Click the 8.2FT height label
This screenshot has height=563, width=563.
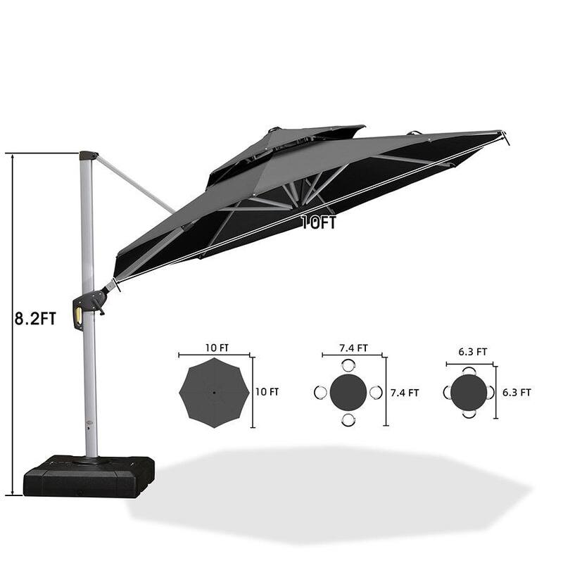[34, 319]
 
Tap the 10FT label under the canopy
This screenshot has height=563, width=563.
[319, 223]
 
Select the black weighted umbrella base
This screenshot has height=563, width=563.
[89, 476]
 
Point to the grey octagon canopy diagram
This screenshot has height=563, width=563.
[214, 392]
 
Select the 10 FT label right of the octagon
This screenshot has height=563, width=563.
[267, 392]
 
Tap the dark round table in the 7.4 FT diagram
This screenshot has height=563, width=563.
[348, 392]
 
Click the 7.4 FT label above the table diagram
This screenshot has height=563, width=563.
[353, 348]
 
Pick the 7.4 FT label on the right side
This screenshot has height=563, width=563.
[405, 393]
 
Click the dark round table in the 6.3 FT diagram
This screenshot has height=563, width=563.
[469, 392]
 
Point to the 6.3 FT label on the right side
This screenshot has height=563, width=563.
[516, 392]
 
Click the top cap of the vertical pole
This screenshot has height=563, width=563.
[88, 155]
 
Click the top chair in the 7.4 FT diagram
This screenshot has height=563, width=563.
[348, 365]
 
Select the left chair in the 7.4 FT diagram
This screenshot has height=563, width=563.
[320, 392]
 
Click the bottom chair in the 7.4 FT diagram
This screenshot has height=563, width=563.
[348, 419]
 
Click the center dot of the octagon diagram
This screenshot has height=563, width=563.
[214, 392]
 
